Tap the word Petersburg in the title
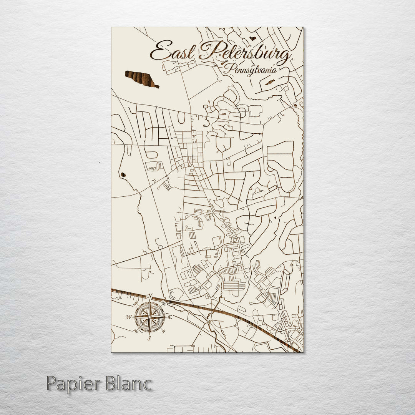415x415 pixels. coord(245,53)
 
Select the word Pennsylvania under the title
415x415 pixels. coord(251,70)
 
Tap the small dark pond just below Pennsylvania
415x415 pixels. coord(270,82)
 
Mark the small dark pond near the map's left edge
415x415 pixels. coord(123,175)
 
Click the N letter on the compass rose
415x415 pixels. coord(150,296)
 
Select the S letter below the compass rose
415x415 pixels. coord(149,338)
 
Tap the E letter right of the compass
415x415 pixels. coord(170,317)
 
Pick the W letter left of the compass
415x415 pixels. coord(128,317)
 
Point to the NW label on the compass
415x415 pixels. coord(136,304)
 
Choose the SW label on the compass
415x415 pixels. coord(135,330)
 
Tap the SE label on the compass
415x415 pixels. coord(163,331)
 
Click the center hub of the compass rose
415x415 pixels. coord(149,317)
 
